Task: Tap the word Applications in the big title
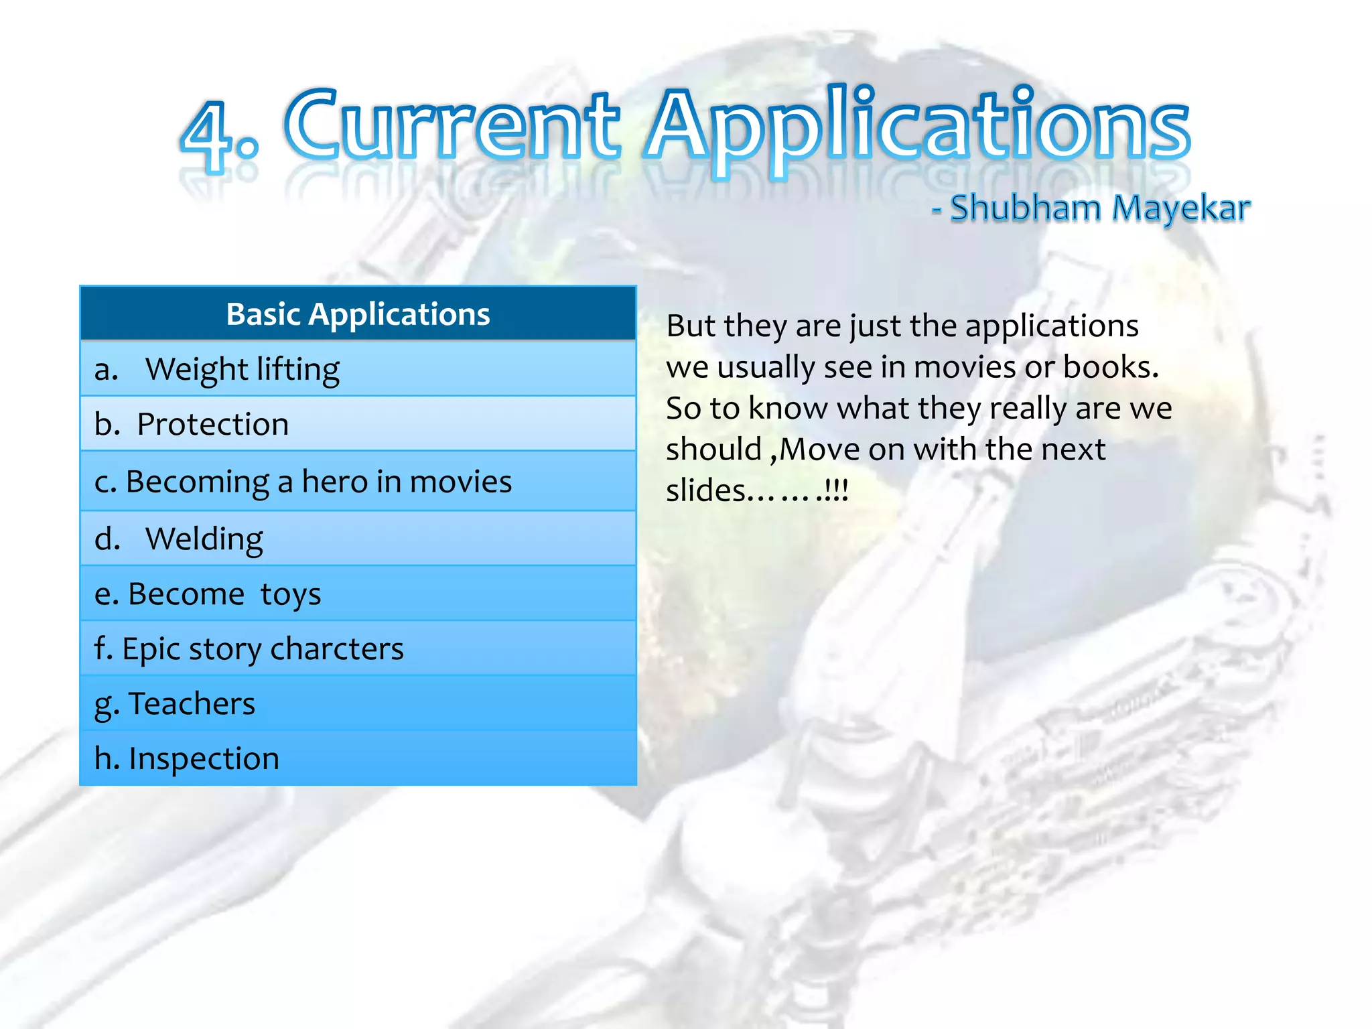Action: tap(918, 127)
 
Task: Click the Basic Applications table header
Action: tap(358, 314)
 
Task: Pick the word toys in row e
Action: tap(290, 594)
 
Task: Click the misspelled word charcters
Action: tap(336, 649)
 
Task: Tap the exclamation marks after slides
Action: tap(837, 491)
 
